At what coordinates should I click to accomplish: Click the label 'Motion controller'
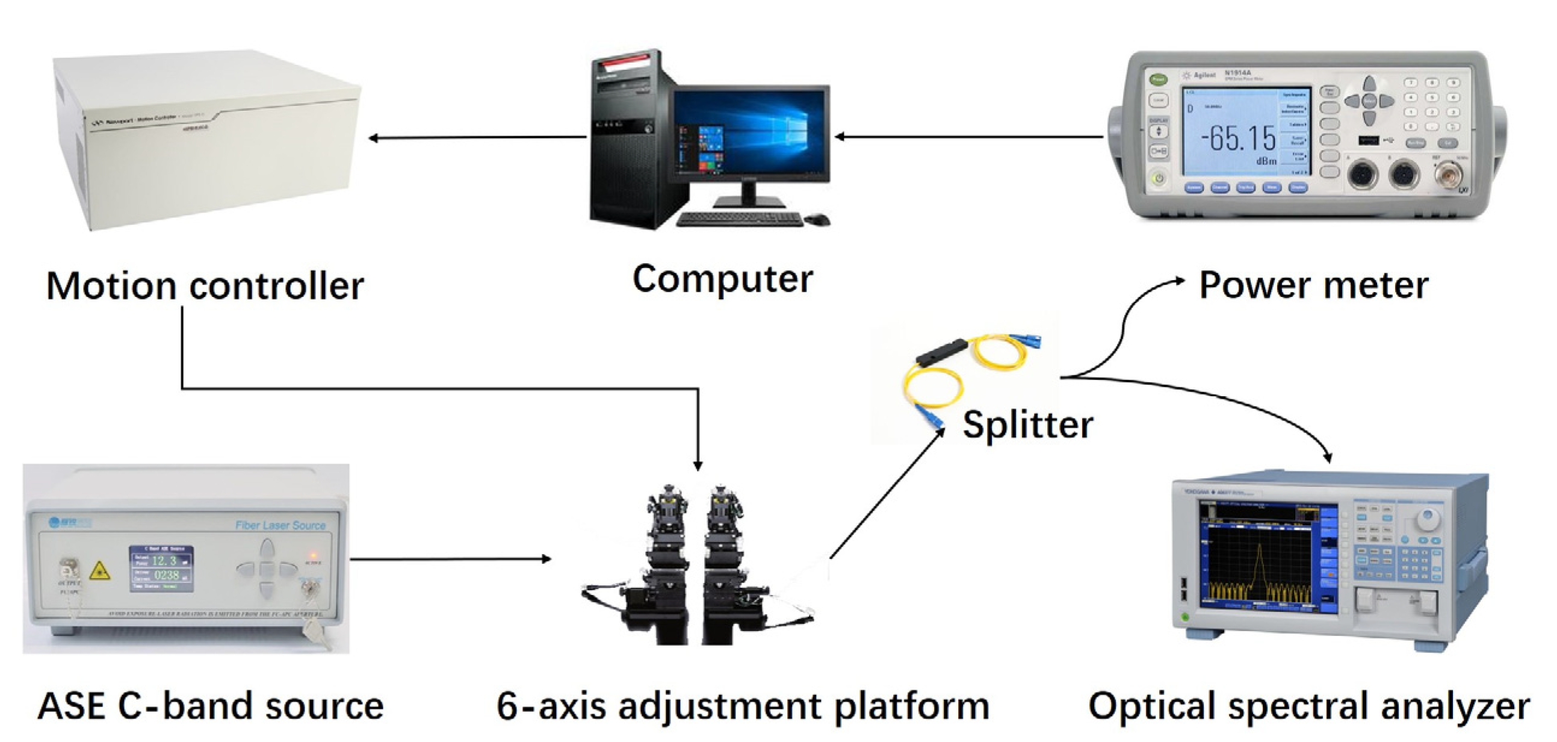[205, 286]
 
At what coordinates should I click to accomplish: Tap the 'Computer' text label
[722, 279]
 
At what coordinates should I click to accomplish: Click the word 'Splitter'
[1027, 425]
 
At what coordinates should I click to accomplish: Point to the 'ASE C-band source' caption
[210, 706]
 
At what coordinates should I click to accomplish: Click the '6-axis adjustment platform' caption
[743, 706]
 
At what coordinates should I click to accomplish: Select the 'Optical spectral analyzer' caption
[1309, 706]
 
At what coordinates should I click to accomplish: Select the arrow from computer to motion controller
[477, 138]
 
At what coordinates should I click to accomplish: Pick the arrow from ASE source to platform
[450, 559]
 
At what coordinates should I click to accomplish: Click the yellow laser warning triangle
[99, 570]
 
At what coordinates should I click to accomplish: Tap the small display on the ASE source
[161, 568]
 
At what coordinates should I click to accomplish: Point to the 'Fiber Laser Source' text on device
[280, 525]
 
